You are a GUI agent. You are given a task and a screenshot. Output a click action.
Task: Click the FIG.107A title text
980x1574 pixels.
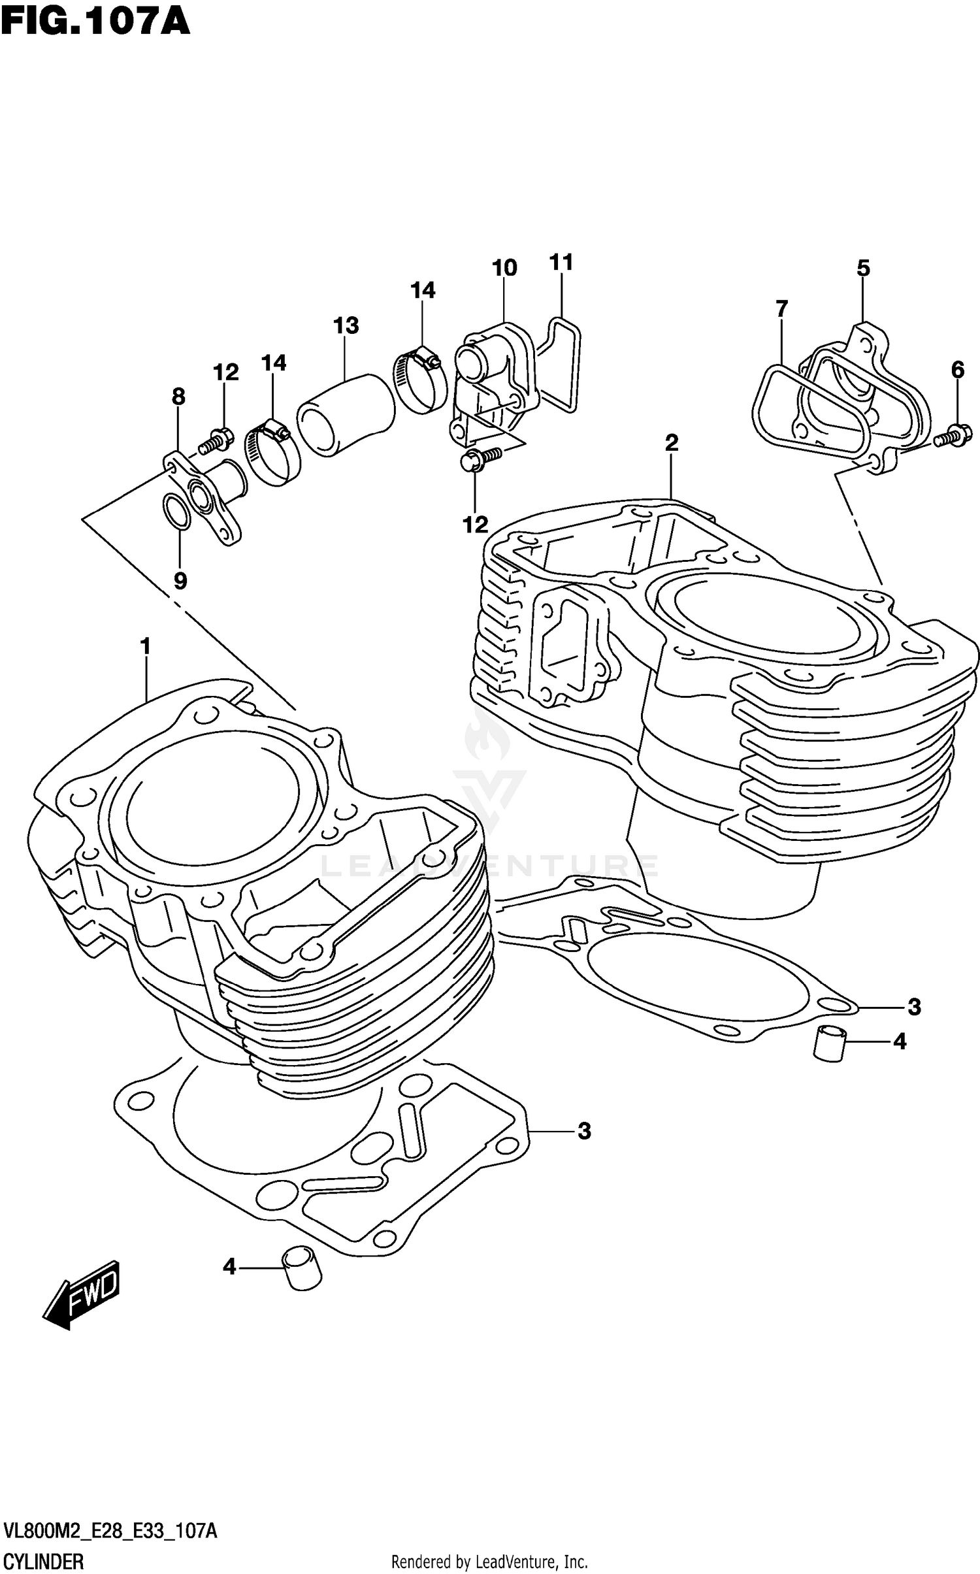point(95,21)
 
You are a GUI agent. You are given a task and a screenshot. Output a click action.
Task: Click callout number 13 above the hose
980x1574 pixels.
point(346,325)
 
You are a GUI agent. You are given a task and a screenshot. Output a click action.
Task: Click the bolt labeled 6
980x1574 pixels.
point(954,435)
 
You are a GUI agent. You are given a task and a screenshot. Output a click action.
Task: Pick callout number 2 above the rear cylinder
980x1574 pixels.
point(672,443)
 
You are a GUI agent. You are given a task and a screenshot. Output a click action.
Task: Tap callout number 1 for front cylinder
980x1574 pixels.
point(145,646)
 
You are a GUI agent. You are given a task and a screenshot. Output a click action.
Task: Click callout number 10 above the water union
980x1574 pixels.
point(504,268)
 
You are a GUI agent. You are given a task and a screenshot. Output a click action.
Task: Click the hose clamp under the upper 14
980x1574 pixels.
point(419,379)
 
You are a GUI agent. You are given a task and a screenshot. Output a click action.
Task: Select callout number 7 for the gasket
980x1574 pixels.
point(781,308)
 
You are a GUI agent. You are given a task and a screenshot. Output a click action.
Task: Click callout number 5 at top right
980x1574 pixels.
point(863,268)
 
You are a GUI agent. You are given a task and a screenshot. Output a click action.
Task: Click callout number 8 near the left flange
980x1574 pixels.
point(178,396)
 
